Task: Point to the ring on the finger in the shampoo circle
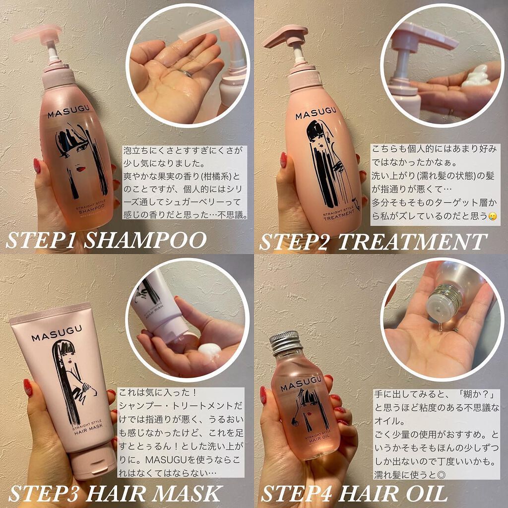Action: click(185, 73)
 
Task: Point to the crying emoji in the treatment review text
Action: click(492, 217)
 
